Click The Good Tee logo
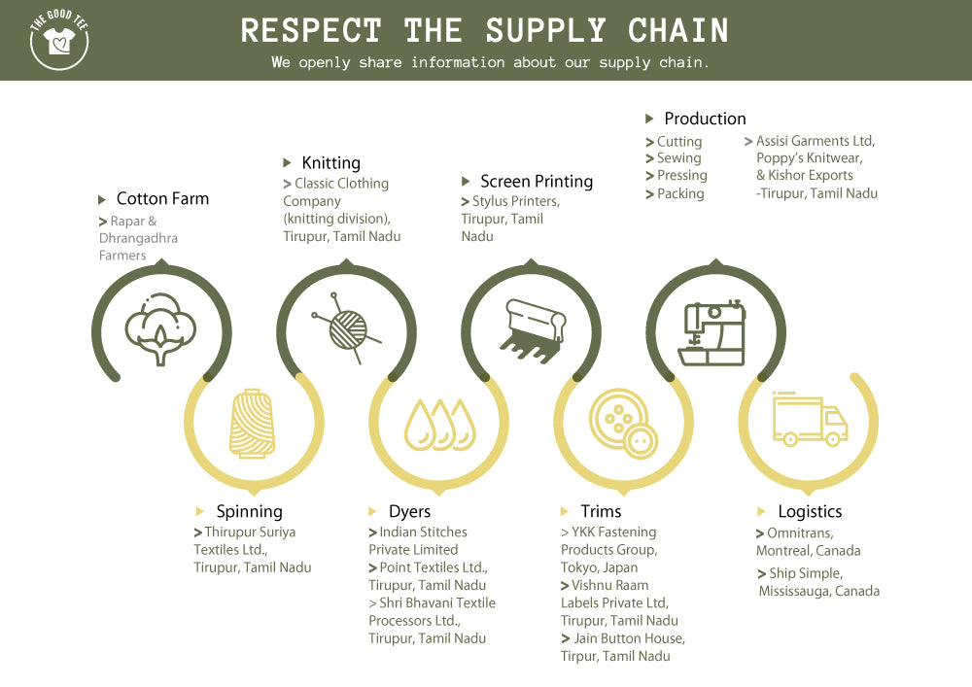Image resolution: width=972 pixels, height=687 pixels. point(59,40)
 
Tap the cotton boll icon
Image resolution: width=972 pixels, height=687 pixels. point(160,329)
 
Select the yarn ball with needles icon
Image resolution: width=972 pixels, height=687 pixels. point(347,328)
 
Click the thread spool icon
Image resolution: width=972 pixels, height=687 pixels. point(253,423)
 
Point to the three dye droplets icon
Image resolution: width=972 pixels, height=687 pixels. point(440,425)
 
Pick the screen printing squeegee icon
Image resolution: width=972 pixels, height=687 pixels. point(533,330)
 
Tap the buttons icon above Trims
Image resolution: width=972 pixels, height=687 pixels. point(623,424)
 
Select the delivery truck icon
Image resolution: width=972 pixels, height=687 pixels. point(811,419)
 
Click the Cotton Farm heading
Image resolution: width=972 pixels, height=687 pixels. point(163,199)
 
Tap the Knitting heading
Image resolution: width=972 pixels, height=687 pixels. point(331,163)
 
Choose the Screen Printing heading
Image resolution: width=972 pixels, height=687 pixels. point(537,182)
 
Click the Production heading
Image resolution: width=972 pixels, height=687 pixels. point(706,119)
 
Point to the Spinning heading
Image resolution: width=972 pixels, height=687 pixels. point(249,512)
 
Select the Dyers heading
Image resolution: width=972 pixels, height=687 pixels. point(410,512)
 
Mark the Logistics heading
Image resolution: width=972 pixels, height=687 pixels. point(811,512)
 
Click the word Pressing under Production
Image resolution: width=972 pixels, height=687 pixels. point(682,176)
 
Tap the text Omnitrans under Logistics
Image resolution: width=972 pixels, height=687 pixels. point(800,533)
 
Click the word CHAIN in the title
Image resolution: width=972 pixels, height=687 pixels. point(678,30)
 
